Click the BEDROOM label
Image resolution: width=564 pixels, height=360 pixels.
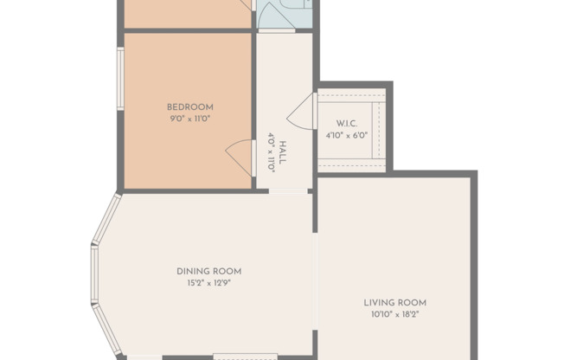pos(189,107)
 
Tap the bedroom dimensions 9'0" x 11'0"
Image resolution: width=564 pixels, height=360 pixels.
pos(189,119)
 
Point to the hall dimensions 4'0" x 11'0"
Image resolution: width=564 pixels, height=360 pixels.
pos(272,152)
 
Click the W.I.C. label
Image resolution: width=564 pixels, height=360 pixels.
pos(347,124)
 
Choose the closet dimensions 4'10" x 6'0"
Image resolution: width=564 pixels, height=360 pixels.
pos(347,135)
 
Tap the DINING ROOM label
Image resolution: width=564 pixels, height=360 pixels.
pos(208,271)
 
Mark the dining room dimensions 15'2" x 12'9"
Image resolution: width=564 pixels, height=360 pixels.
pos(208,282)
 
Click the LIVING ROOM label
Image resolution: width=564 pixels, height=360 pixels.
pos(394,303)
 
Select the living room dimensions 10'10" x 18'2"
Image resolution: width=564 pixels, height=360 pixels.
pos(394,314)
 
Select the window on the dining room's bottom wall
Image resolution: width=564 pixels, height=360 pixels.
pos(245,356)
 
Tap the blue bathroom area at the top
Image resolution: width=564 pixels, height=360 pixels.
pos(281,14)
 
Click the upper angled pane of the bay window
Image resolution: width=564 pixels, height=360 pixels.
pos(106,222)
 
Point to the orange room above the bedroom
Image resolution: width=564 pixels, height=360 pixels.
pos(187,12)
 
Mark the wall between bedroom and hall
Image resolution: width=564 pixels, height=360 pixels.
pos(254,108)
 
